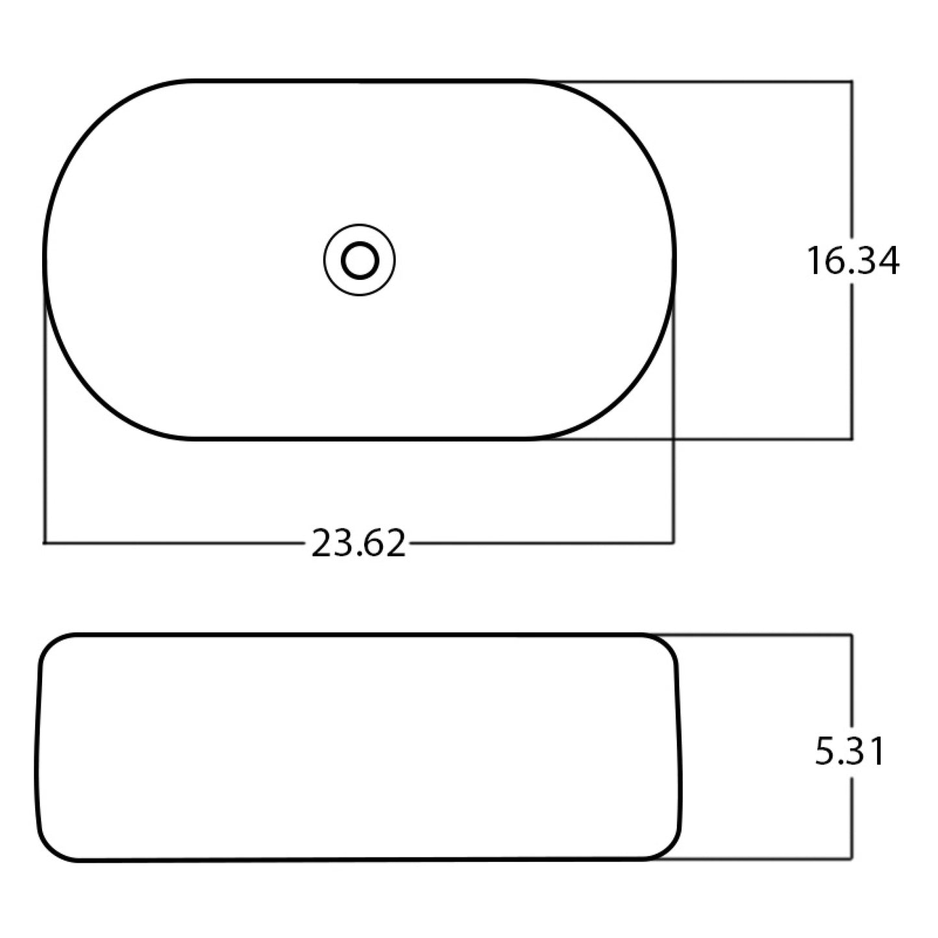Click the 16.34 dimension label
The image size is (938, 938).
click(852, 261)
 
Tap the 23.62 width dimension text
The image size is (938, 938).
click(358, 543)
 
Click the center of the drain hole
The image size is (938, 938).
click(360, 260)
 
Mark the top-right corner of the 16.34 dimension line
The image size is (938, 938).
click(852, 82)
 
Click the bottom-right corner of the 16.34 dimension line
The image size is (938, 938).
click(852, 439)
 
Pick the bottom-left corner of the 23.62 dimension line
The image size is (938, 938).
click(44, 541)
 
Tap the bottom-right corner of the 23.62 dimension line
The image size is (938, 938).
click(674, 541)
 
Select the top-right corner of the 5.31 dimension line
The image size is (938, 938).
click(851, 635)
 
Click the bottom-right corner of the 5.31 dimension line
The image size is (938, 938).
click(851, 859)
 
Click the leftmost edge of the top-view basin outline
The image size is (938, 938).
click(45, 260)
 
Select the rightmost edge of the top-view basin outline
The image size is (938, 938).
click(675, 260)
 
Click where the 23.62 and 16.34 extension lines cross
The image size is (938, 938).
click(674, 439)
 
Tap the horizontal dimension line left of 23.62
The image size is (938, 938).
click(175, 541)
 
